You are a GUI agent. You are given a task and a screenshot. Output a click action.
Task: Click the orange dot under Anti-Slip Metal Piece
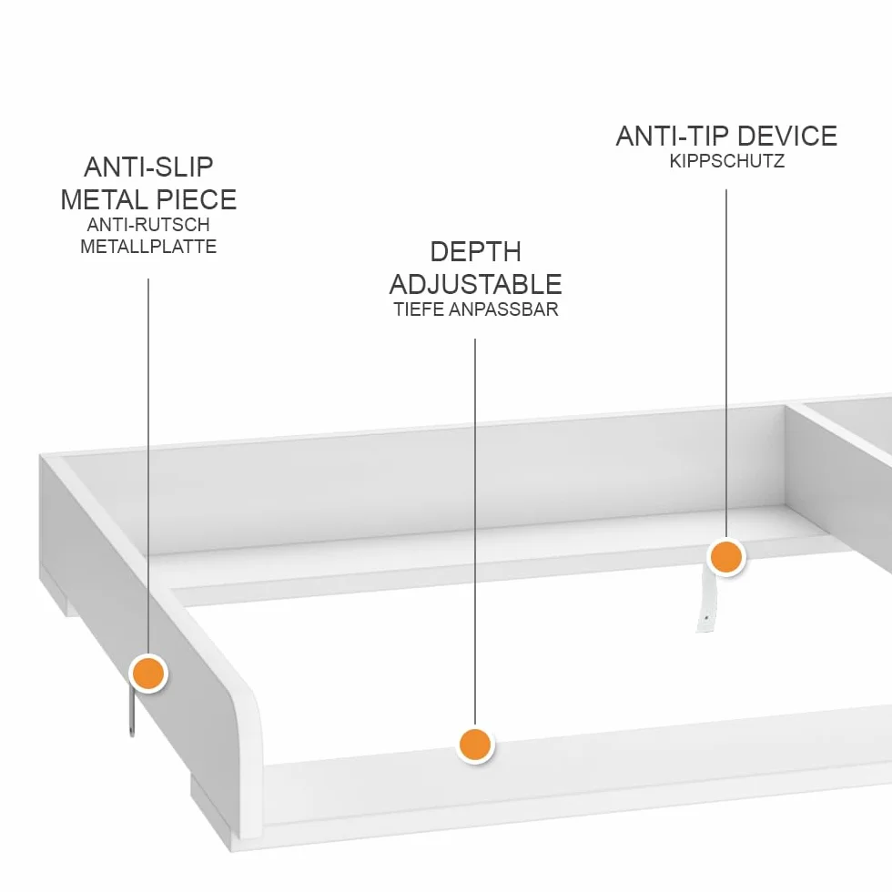[148, 673]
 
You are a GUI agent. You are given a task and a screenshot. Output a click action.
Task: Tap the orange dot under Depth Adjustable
[475, 745]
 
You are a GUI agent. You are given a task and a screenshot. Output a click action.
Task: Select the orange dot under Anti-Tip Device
[726, 556]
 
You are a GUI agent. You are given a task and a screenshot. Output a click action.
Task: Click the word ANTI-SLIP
[148, 167]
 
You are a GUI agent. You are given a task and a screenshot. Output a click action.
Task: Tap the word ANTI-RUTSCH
[148, 225]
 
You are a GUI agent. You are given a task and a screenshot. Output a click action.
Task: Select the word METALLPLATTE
[148, 247]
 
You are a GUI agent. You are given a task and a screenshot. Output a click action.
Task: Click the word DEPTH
[475, 252]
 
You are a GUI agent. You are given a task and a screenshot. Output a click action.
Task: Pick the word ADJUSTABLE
[475, 284]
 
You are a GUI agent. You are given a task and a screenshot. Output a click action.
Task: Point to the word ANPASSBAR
[503, 309]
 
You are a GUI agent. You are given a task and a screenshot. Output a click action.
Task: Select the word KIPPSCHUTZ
[727, 161]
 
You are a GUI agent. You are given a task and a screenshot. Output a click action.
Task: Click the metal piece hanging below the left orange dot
[132, 714]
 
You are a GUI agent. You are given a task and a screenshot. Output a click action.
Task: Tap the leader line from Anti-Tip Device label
[726, 363]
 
